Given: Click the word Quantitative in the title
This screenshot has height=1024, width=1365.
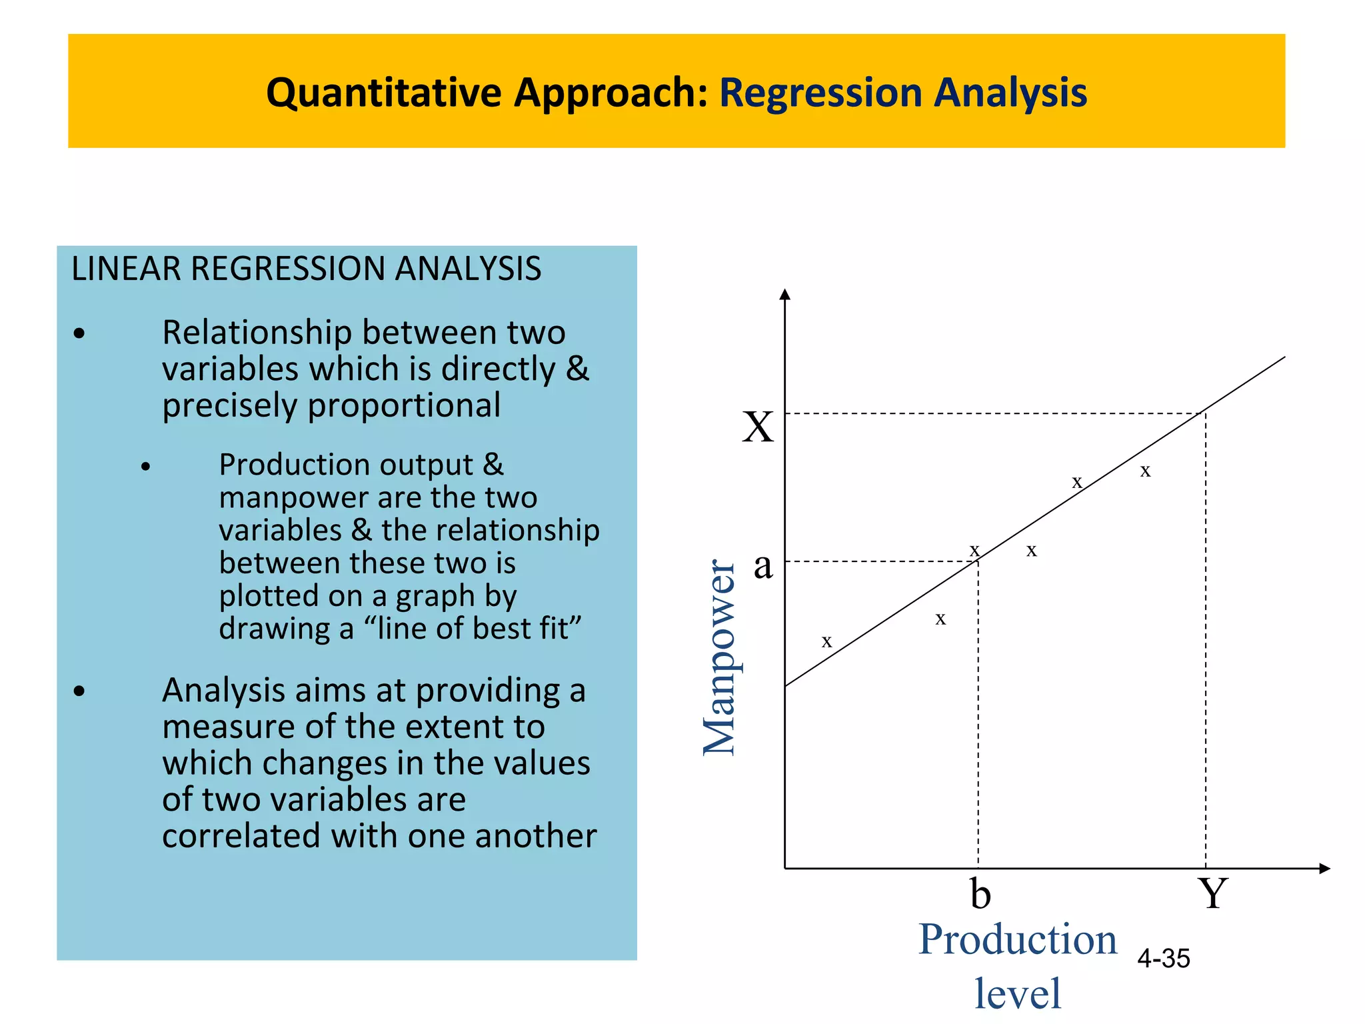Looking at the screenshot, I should (383, 92).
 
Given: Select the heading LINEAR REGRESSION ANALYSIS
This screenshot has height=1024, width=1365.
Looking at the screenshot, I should (306, 269).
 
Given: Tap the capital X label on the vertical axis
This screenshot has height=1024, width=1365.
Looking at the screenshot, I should (758, 427).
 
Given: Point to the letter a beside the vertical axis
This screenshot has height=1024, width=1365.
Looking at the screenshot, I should (763, 566).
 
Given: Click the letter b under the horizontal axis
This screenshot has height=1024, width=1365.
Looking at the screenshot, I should (980, 893).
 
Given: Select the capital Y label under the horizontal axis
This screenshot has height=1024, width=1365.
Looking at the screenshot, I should (1212, 893).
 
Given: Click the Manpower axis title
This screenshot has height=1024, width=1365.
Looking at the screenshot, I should (720, 657).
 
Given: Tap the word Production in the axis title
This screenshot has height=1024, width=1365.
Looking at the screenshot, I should (1018, 940).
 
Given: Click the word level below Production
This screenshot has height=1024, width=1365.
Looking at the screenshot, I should (1018, 993).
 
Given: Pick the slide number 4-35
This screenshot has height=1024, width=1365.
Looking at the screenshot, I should (1164, 959).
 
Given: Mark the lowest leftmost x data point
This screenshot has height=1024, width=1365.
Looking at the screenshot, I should (826, 642).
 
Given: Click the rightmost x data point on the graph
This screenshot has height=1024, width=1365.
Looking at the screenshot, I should (1145, 471).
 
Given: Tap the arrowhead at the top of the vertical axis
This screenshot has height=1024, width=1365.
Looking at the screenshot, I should (785, 295).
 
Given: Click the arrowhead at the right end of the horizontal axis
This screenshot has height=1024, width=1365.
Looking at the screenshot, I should (1325, 868).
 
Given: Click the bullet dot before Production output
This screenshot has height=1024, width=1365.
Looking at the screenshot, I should (146, 467).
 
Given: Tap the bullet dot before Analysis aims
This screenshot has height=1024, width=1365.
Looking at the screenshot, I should (80, 691).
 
